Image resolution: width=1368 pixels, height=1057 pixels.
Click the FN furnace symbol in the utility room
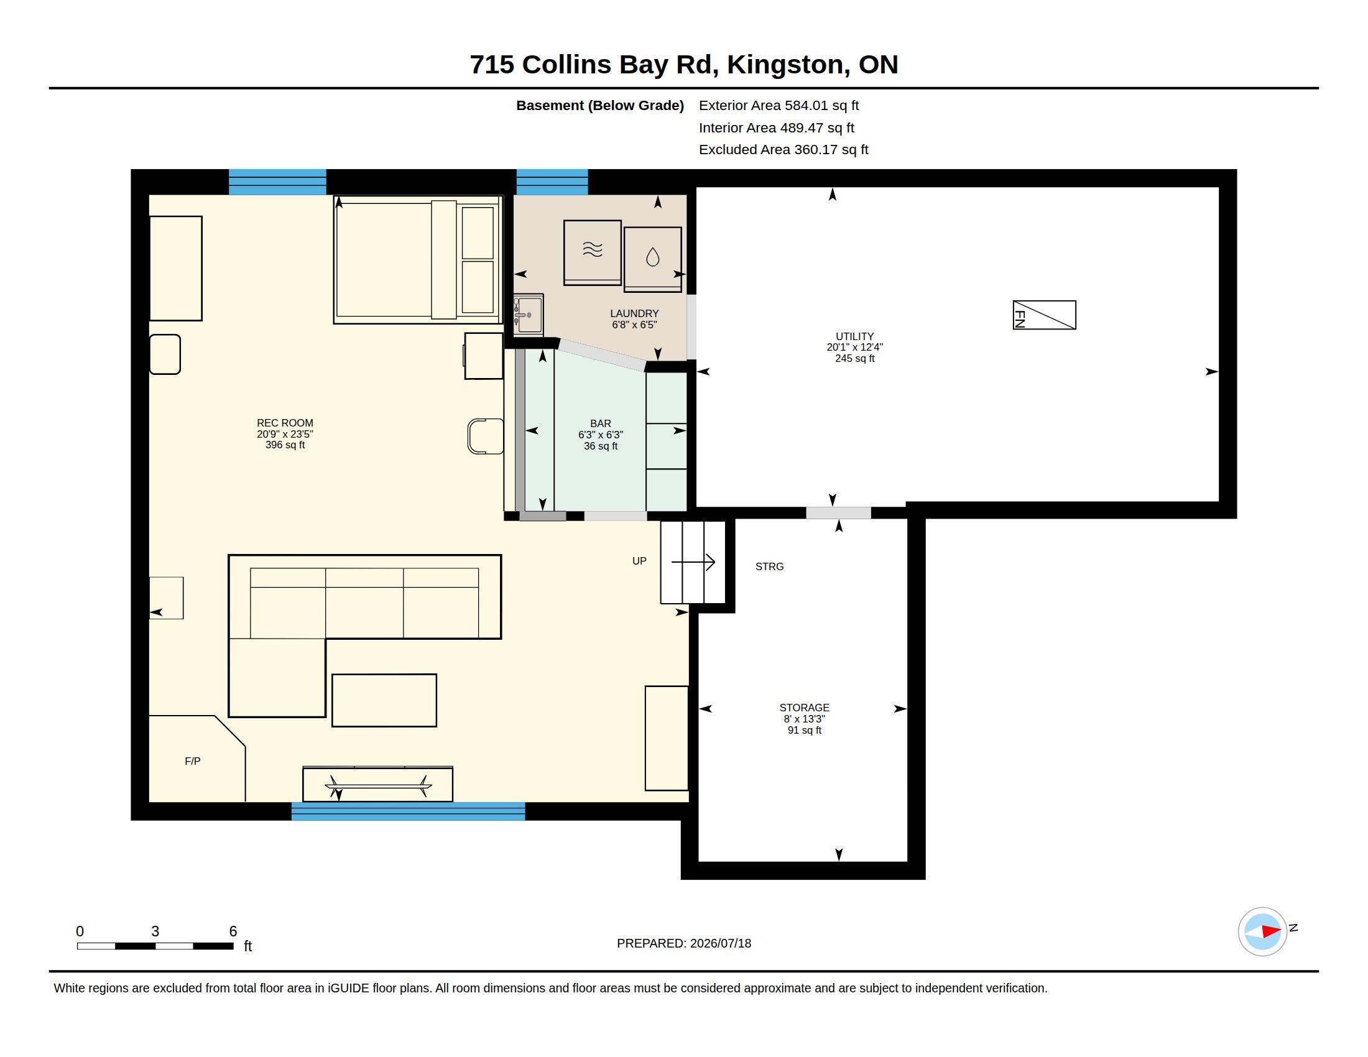pos(1044,315)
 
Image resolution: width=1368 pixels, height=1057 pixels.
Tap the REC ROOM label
pos(285,423)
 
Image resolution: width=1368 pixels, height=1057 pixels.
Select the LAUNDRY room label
pos(634,313)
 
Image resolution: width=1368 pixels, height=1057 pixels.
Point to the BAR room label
pos(601,424)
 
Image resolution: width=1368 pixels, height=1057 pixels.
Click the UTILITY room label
pos(854,336)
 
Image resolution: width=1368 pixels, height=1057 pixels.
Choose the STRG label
pos(769,566)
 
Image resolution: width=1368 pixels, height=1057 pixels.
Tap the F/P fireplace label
pos(192,762)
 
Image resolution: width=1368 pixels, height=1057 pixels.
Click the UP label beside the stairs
pos(639,561)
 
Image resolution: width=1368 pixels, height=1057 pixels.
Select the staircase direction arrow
pos(693,562)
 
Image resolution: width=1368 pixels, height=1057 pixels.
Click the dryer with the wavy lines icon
pos(593,252)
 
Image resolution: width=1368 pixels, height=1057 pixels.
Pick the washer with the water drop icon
pos(653,259)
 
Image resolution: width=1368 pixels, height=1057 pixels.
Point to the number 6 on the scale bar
pos(233,931)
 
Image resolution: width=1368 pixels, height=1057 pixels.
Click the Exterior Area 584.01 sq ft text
pos(779,106)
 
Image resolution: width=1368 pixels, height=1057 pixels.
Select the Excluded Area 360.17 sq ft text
pos(783,150)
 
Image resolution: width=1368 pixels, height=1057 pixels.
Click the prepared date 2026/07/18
pos(721,943)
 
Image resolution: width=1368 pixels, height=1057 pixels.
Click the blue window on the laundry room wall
pos(552,182)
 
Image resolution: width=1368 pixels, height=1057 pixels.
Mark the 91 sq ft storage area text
pos(804,730)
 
